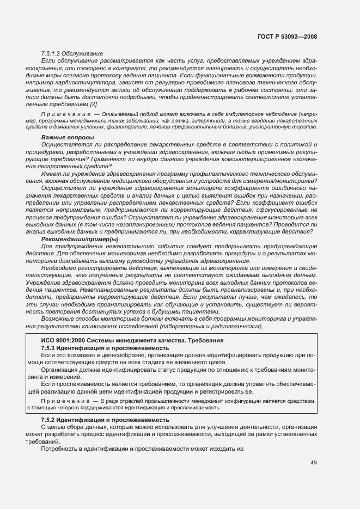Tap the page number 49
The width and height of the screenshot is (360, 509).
(x=313, y=463)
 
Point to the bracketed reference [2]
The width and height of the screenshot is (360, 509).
(x=94, y=103)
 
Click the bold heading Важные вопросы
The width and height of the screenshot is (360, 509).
(x=68, y=137)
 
